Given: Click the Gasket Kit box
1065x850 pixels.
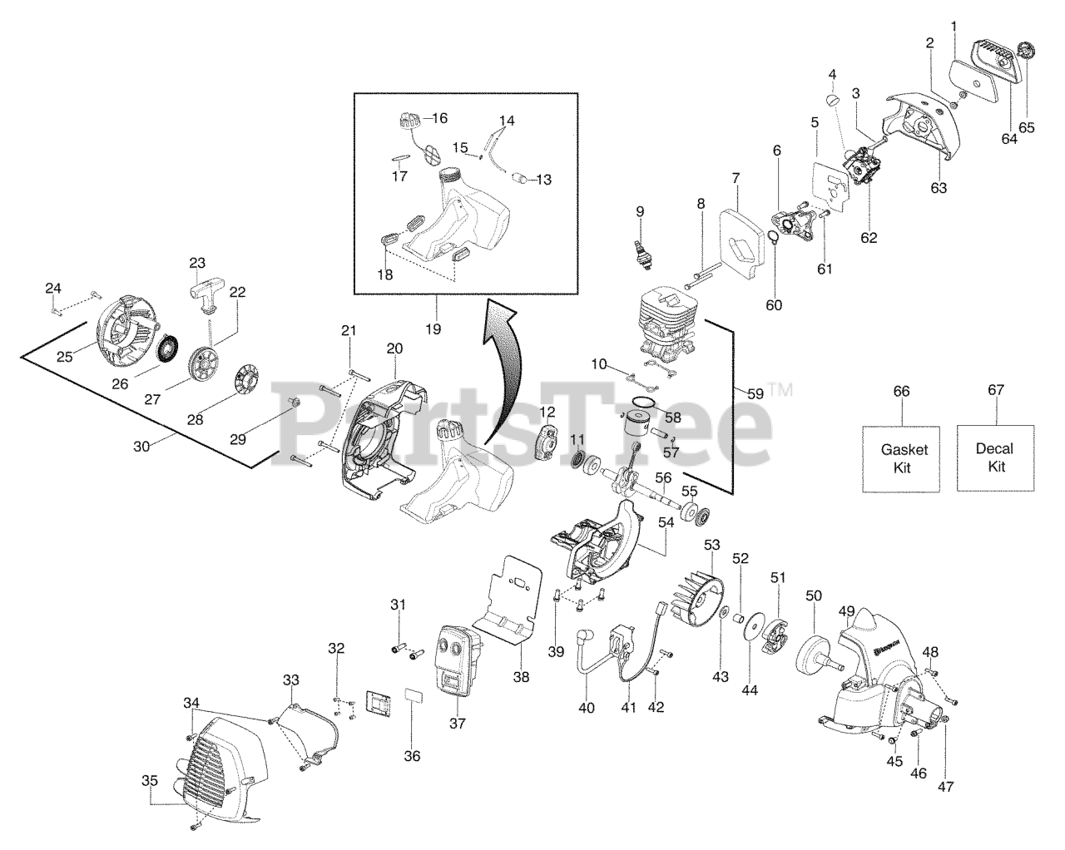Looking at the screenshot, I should [x=904, y=457].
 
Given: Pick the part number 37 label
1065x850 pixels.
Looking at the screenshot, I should [x=457, y=723].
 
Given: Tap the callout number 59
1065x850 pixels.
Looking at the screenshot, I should [x=755, y=394].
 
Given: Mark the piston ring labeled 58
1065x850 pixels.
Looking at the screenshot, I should [x=641, y=404].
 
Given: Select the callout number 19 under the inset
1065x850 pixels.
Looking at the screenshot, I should [x=433, y=329].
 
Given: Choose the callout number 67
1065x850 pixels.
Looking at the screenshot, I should [x=995, y=390].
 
